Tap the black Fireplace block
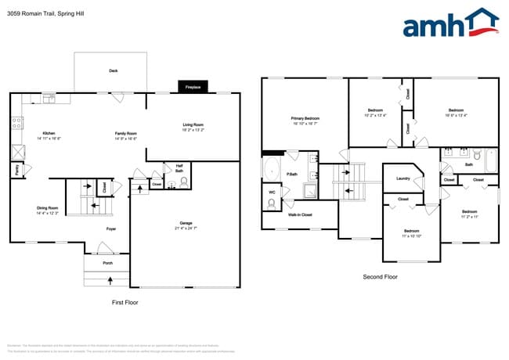click(192, 88)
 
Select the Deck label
click(114, 70)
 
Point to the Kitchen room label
click(49, 134)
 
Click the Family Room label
click(126, 134)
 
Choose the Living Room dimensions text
click(193, 131)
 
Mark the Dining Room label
click(48, 208)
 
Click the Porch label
click(107, 263)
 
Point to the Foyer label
click(111, 229)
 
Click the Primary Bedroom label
click(305, 118)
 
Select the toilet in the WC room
click(273, 203)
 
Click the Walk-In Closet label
click(300, 214)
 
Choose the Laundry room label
click(403, 178)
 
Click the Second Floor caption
click(380, 277)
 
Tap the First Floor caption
click(125, 301)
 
